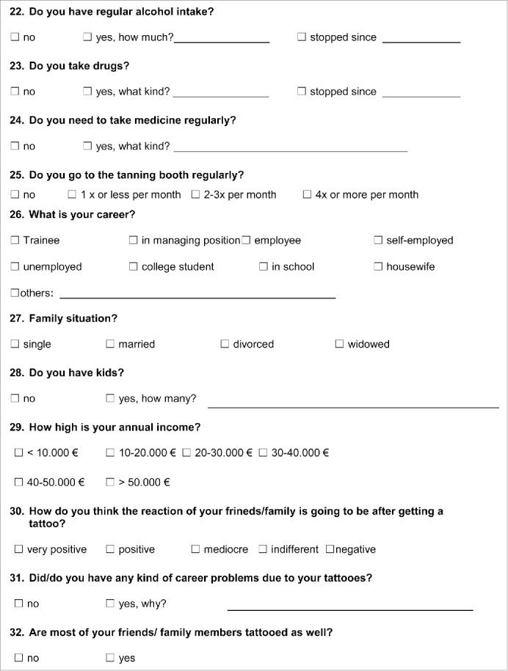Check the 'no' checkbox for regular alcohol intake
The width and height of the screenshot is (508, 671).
pos(15,37)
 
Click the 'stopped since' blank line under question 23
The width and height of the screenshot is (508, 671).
pos(421,96)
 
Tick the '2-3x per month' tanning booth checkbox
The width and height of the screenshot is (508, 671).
pos(195,194)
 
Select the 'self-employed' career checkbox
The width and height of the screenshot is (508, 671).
pos(378,240)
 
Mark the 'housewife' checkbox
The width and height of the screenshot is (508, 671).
pos(378,266)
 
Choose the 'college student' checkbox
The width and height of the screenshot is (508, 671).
pos(133,266)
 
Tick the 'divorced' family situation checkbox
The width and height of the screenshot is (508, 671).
pos(225,344)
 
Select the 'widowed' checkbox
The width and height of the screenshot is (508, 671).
pos(339,344)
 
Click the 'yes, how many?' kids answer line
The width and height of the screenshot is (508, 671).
pos(352,406)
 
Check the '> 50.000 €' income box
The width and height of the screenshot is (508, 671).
pos(110,482)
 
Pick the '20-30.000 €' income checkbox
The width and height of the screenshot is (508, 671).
pos(186,452)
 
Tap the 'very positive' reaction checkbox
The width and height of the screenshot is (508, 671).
pos(18,549)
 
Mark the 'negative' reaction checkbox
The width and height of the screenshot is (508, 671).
pos(330,549)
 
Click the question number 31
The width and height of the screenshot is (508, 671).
pos(17,578)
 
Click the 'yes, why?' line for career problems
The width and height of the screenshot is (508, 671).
pos(349,609)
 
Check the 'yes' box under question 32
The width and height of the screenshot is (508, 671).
pos(110,658)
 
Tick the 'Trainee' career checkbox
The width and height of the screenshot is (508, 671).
pos(15,240)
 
